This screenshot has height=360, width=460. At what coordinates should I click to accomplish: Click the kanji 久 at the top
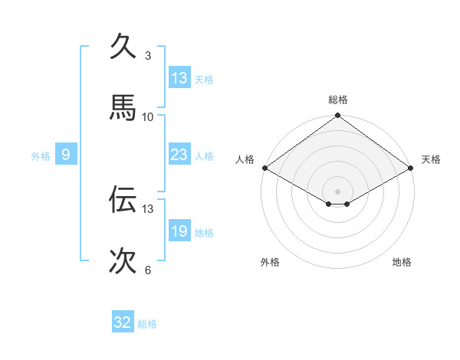(123, 47)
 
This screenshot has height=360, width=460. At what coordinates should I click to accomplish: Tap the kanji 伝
(123, 200)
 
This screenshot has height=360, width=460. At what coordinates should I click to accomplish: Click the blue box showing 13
(179, 78)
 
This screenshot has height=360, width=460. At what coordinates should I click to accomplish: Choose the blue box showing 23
(179, 155)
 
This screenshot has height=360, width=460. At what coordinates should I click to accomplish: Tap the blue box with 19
(179, 231)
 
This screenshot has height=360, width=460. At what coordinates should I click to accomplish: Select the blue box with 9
(66, 155)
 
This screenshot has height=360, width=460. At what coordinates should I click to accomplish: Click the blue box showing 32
(123, 322)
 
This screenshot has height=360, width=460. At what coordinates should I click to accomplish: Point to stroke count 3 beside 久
(148, 56)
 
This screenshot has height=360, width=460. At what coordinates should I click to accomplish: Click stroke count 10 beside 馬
(148, 117)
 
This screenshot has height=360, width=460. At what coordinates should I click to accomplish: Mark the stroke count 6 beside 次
(148, 270)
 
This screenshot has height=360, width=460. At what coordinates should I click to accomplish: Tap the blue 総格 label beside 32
(147, 324)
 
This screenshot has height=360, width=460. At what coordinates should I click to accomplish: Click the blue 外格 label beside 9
(41, 156)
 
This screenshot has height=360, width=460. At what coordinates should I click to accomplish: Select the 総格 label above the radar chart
(338, 100)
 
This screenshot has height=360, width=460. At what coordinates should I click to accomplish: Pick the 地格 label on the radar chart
(402, 263)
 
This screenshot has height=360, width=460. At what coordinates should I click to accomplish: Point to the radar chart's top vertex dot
(338, 116)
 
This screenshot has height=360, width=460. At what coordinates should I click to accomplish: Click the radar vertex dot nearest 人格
(264, 168)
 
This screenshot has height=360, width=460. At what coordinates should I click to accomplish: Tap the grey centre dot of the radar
(338, 191)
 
